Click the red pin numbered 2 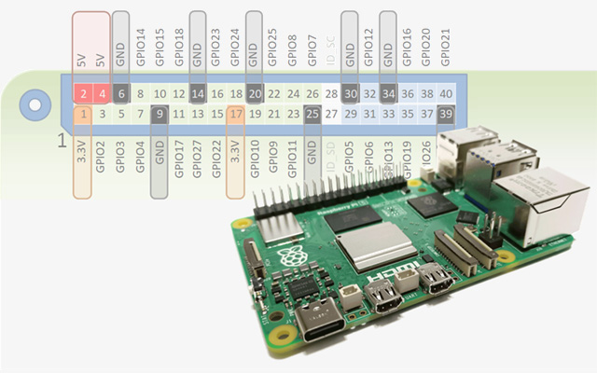tap(84, 94)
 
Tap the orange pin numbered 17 tap(236, 115)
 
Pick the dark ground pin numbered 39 tap(446, 115)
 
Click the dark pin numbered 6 tap(121, 94)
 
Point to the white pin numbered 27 tap(331, 115)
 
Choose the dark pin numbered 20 tap(255, 94)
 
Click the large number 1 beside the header tap(62, 142)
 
